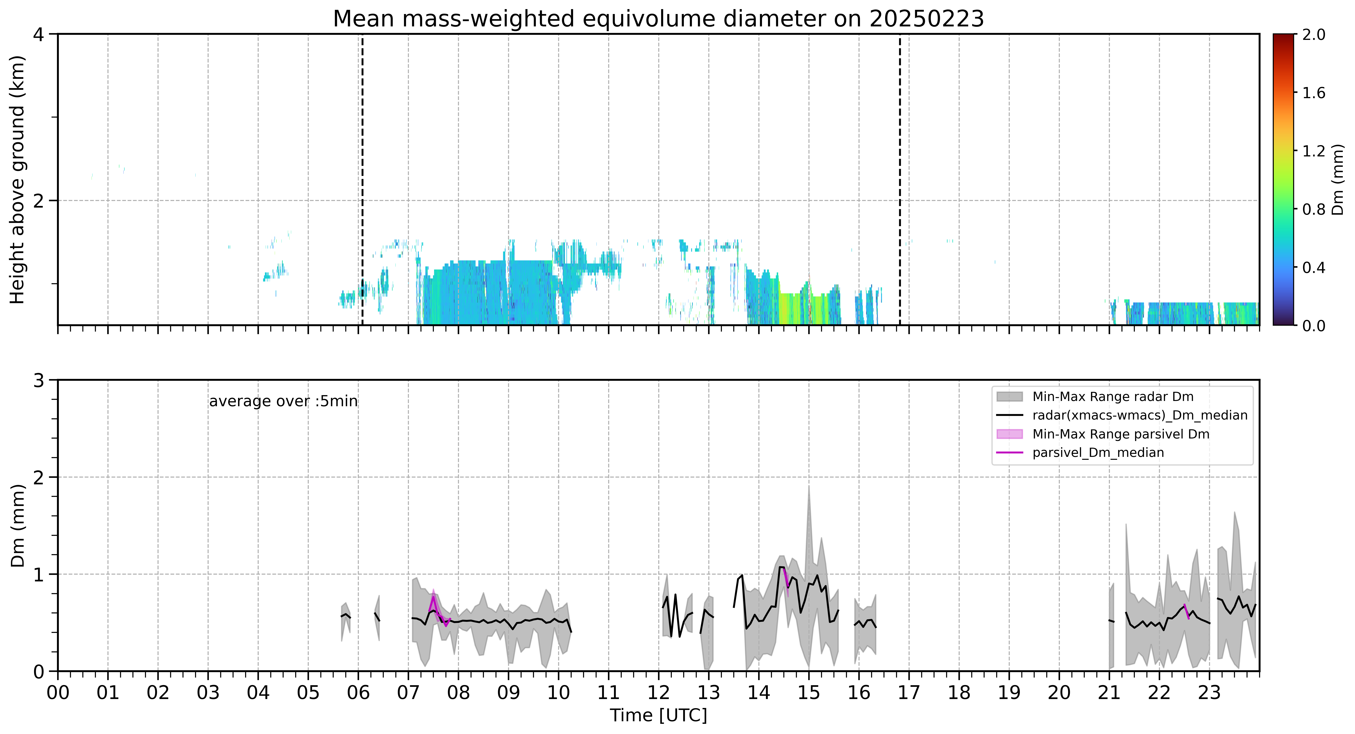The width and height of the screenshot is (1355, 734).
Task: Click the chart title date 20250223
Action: pyautogui.click(x=926, y=19)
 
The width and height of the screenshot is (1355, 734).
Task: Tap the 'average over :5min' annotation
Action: pyautogui.click(x=283, y=402)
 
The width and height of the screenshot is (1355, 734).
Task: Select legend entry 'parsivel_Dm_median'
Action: pyautogui.click(x=1098, y=452)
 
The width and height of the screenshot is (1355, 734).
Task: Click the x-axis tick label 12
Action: pyautogui.click(x=659, y=692)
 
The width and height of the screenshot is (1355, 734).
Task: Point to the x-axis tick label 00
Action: pyautogui.click(x=58, y=692)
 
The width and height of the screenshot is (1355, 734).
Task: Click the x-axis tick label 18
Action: pyautogui.click(x=959, y=692)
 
